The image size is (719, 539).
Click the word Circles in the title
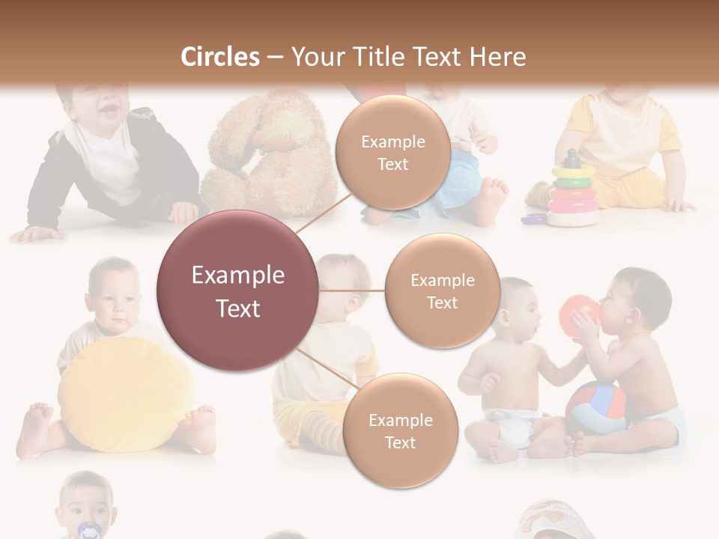click(x=220, y=57)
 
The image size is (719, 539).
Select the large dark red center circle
click(x=237, y=290)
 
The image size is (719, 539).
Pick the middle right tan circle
click(x=442, y=290)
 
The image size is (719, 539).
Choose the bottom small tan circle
click(x=400, y=430)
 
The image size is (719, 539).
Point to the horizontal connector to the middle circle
click(x=352, y=290)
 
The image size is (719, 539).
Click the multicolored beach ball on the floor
click(x=595, y=408)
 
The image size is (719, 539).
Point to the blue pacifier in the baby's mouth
click(x=88, y=530)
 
